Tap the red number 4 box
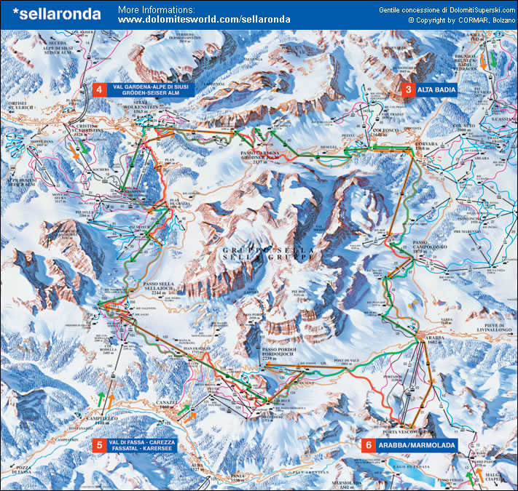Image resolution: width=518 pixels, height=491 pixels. (98, 90)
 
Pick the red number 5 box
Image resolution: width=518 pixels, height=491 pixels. (98, 445)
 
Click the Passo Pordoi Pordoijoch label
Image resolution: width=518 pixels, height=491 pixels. (276, 354)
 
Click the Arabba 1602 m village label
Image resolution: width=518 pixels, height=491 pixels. (433, 340)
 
